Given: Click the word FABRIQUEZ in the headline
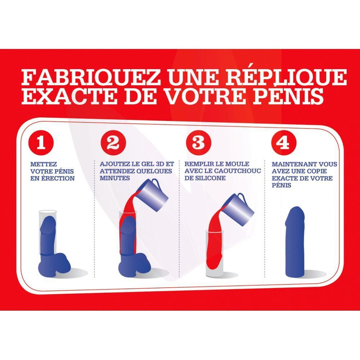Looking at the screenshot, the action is click(x=90, y=77).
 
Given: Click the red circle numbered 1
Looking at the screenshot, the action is click(x=41, y=143).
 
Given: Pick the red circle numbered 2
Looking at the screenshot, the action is click(x=113, y=143).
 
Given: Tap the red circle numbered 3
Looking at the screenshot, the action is click(x=198, y=143).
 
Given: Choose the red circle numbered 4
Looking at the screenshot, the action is click(x=284, y=143).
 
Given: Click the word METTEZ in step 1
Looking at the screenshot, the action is click(x=44, y=165).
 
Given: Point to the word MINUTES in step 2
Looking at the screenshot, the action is click(x=114, y=178).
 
